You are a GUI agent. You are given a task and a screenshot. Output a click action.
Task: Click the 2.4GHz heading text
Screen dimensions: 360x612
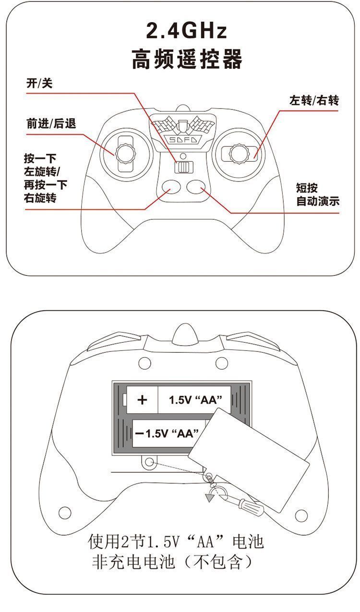pyautogui.click(x=186, y=31)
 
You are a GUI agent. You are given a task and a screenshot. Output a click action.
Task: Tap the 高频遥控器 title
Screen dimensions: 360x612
pyautogui.click(x=187, y=59)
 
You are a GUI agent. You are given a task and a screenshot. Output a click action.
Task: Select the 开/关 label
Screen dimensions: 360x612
pyautogui.click(x=39, y=83)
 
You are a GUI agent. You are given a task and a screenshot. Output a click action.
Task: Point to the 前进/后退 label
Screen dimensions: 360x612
pyautogui.click(x=51, y=123)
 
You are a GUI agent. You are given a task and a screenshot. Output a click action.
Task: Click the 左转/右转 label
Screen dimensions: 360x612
pyautogui.click(x=314, y=100)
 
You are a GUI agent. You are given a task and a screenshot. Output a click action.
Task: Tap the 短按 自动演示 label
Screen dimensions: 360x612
pyautogui.click(x=318, y=194)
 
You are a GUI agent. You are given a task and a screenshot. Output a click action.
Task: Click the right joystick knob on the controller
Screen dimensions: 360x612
pyautogui.click(x=239, y=154)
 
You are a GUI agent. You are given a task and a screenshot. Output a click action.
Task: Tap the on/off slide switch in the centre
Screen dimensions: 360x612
pyautogui.click(x=183, y=167)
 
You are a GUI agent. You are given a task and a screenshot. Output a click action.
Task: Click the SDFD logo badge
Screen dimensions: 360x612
pyautogui.click(x=183, y=140)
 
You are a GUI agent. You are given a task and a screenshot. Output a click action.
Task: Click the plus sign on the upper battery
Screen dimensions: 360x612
pyautogui.click(x=142, y=400)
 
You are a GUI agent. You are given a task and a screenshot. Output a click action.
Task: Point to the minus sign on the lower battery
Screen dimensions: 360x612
pyautogui.click(x=139, y=433)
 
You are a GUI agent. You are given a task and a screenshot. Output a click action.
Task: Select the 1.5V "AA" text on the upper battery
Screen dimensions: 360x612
pyautogui.click(x=195, y=400)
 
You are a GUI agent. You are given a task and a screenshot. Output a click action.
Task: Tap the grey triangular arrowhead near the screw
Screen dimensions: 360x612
pyautogui.click(x=209, y=498)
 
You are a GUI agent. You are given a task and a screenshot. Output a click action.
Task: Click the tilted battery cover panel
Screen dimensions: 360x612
pyautogui.click(x=249, y=460)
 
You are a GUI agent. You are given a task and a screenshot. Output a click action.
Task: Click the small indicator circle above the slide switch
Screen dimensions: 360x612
pyautogui.click(x=183, y=156)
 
